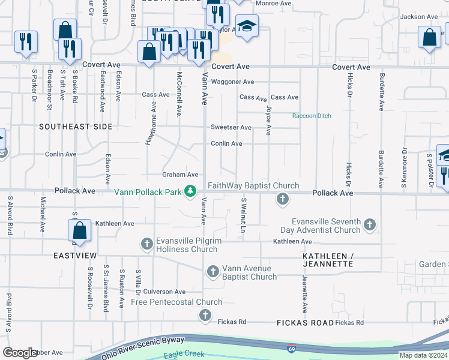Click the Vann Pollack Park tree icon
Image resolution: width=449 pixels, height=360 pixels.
(191, 191)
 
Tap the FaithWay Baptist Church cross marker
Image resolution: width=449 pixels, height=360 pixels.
(282, 199)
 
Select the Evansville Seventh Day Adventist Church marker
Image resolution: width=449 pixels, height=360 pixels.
(370, 225)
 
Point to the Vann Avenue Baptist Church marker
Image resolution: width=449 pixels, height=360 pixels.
(212, 272)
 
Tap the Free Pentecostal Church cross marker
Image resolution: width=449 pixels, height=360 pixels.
(205, 315)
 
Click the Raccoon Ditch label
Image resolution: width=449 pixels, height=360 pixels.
(312, 116)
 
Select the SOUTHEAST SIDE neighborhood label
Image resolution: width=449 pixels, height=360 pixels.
(76, 127)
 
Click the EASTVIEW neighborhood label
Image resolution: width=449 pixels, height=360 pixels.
(75, 256)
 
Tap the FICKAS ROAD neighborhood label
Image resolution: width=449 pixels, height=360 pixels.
(305, 323)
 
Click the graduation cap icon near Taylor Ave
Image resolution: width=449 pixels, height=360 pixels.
(247, 26)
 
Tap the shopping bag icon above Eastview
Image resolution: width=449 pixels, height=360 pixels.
(79, 230)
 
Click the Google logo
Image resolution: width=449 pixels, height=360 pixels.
(20, 353)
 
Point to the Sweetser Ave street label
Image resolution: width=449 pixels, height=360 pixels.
(231, 128)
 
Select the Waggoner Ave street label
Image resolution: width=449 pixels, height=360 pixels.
(232, 82)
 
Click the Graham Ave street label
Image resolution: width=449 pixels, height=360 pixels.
(180, 175)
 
